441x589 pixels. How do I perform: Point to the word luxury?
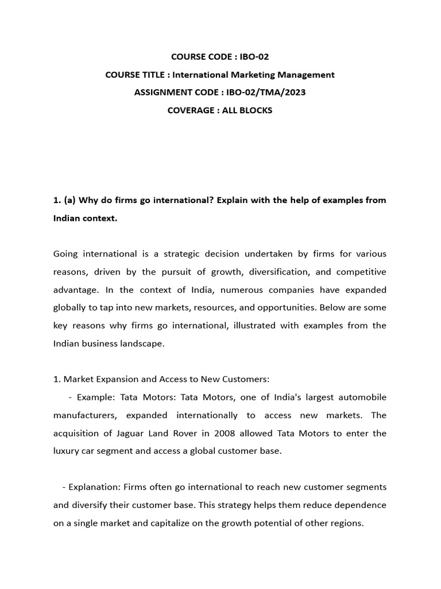click(67, 451)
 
